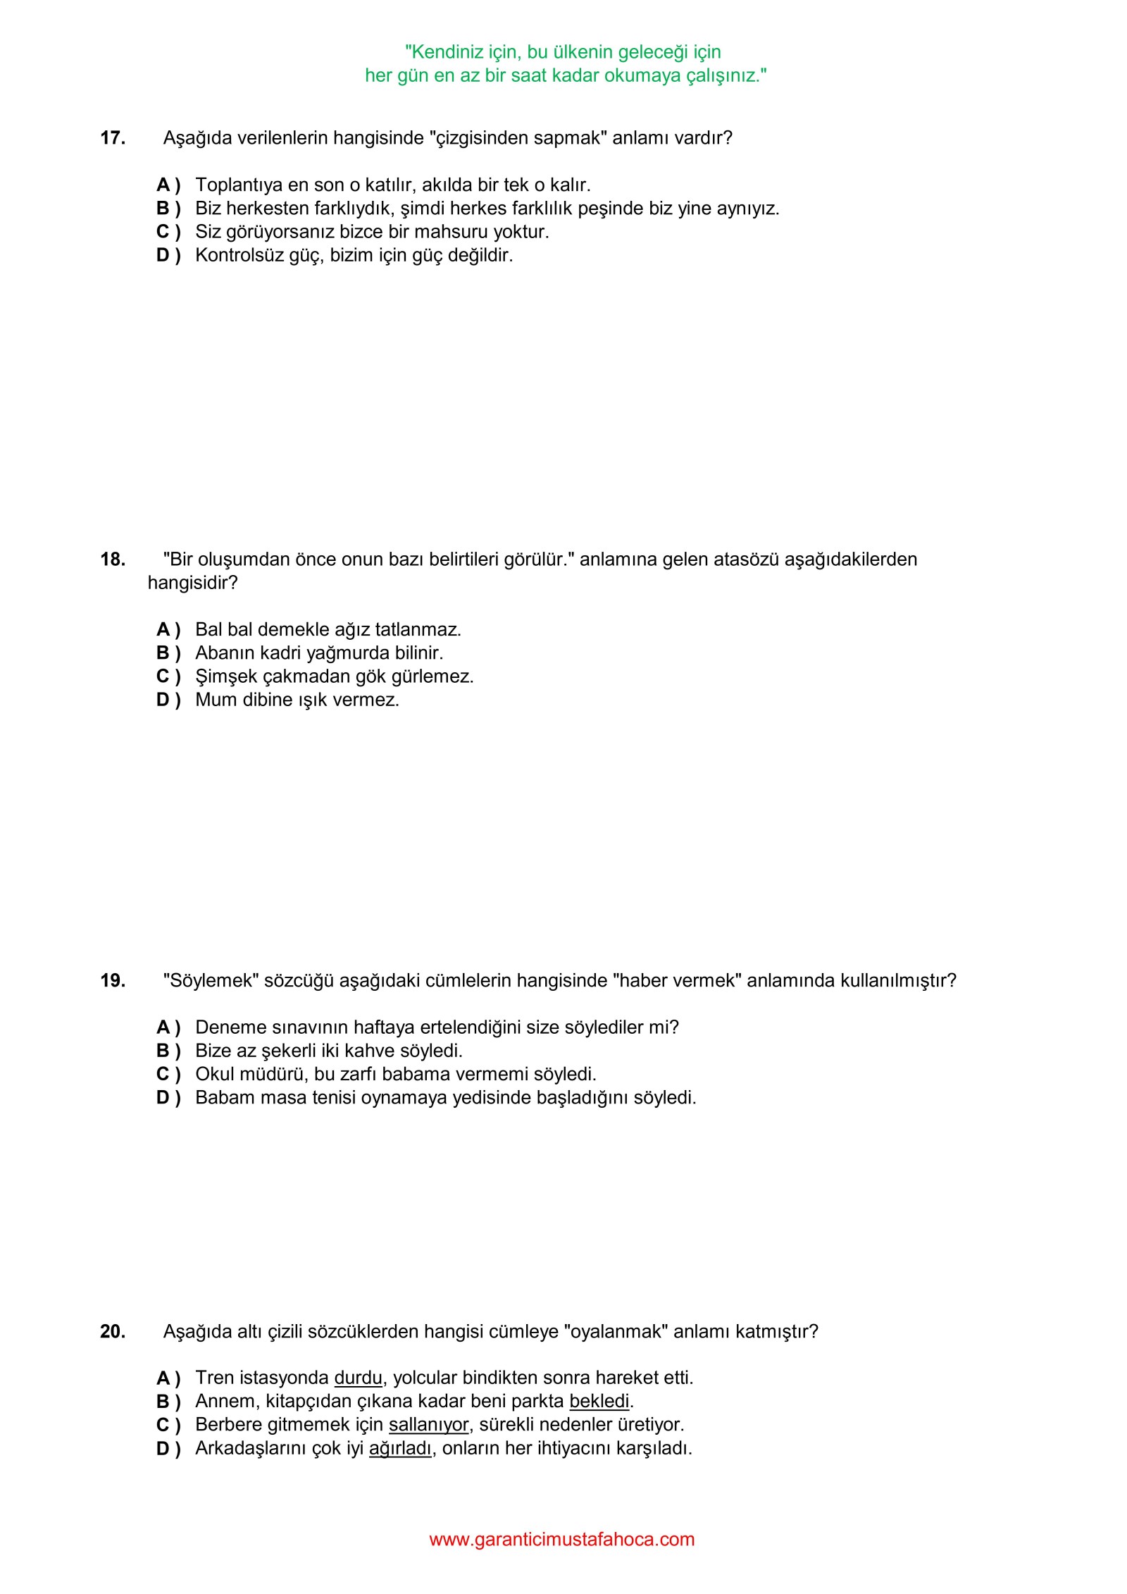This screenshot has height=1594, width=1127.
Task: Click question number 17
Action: (113, 138)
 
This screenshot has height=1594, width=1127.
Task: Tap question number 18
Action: (113, 560)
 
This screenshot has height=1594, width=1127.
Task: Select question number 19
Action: (113, 981)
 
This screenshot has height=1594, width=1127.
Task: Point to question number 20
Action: (113, 1332)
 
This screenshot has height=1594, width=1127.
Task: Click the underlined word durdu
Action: (358, 1378)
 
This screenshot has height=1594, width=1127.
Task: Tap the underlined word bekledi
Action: (599, 1401)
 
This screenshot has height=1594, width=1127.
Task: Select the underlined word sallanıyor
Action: (428, 1424)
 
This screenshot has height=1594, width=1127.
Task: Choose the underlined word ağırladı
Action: (400, 1448)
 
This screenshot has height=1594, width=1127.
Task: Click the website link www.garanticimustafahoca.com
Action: (562, 1540)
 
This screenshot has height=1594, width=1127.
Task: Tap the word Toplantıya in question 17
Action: (239, 185)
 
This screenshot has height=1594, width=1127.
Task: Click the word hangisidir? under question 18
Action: (192, 583)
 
